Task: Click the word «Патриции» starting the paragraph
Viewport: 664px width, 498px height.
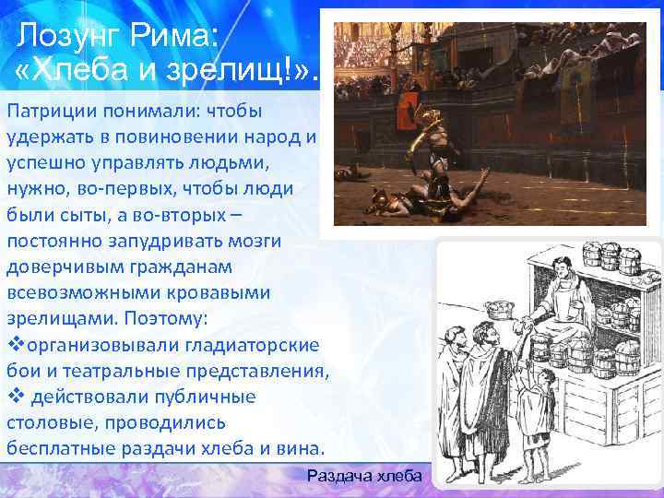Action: [x=43, y=112]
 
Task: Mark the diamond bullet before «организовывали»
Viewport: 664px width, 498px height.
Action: [x=13, y=344]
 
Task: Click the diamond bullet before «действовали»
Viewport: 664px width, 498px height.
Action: [x=13, y=396]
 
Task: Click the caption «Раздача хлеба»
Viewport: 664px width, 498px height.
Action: [x=363, y=476]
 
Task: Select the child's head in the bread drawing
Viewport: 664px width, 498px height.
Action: [x=532, y=371]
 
